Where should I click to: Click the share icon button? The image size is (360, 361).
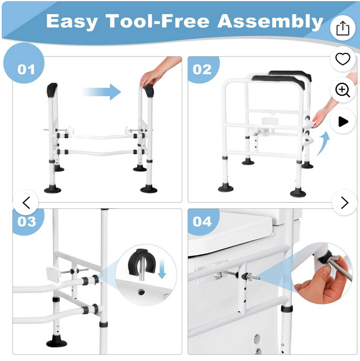pos(343,28)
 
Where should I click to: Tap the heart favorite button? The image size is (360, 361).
pos(343,59)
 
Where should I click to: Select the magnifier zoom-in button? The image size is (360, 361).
pos(343,90)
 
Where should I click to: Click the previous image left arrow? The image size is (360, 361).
pos(26,203)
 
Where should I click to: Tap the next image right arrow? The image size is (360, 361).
pos(344,203)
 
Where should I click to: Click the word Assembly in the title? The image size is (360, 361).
pos(270,22)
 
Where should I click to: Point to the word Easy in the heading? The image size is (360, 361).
pos(72,22)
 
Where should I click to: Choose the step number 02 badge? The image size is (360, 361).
pos(202,69)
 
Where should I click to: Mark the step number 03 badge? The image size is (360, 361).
pos(27,221)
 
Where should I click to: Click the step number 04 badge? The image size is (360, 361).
pos(202,221)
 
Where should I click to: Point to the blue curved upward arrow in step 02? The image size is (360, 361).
pos(322,144)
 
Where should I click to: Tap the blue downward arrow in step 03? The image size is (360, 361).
pos(162,269)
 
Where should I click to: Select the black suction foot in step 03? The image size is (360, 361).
pos(57,341)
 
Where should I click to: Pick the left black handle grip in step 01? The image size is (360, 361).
pos(52,90)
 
